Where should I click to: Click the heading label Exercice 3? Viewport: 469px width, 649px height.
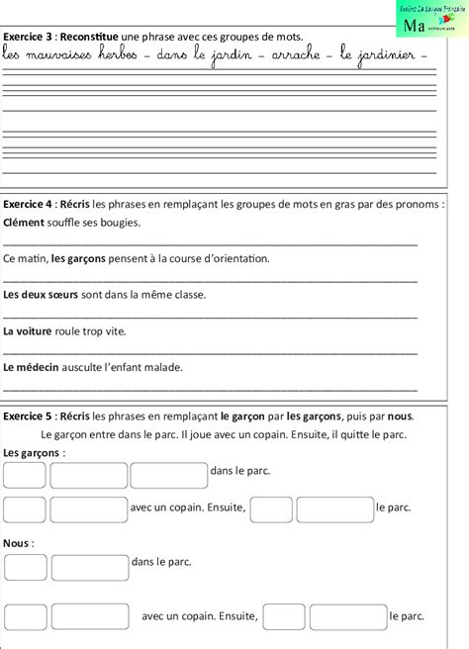[x=27, y=37]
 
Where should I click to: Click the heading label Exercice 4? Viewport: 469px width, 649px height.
[x=27, y=205]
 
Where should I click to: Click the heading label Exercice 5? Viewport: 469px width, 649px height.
[x=27, y=416]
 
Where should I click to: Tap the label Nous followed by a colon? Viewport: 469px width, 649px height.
[x=17, y=543]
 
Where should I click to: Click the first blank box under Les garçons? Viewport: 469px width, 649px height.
[x=25, y=475]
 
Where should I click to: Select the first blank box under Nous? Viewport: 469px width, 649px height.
[x=25, y=567]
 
